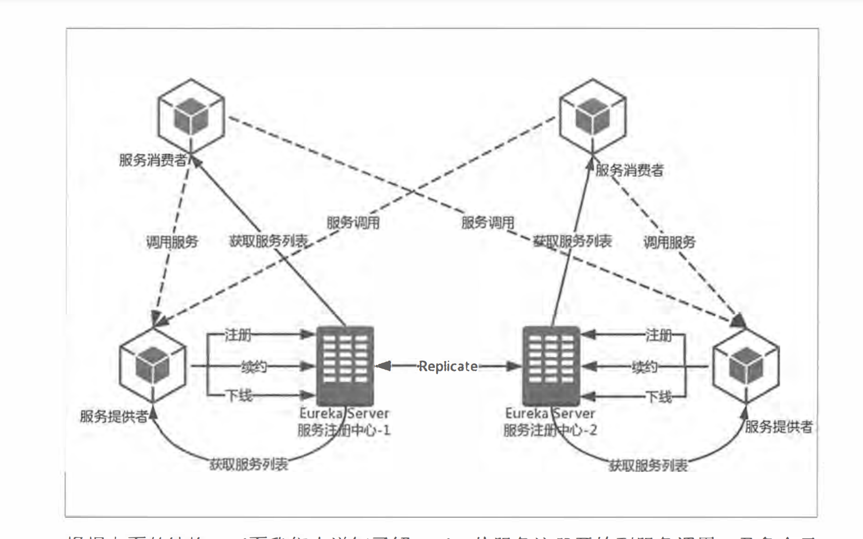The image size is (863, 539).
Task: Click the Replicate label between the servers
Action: coord(448,366)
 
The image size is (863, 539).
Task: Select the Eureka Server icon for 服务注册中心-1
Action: coord(345,366)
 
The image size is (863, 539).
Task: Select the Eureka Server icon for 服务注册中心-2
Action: coord(551,366)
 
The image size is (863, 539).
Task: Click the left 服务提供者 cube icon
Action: coord(153,365)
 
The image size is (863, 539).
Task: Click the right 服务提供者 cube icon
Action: coord(746,365)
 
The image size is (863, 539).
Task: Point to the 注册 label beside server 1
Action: coord(238,335)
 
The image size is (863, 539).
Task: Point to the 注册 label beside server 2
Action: coord(658,335)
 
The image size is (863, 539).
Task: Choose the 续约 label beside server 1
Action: coord(254,366)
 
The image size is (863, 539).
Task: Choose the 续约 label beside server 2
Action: coord(644,366)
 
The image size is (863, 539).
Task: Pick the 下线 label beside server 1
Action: coord(239,396)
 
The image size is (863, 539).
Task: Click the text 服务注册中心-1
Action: coord(344,430)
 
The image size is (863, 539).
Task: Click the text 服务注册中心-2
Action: coord(550,430)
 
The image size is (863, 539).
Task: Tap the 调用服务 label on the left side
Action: coord(172,242)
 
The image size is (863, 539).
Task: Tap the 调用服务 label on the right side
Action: coord(670,242)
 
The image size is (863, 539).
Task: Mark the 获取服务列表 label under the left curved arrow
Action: coord(249,464)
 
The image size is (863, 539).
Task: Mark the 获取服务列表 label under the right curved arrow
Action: coord(648,466)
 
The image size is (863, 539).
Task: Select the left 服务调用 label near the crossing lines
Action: coord(353,223)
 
